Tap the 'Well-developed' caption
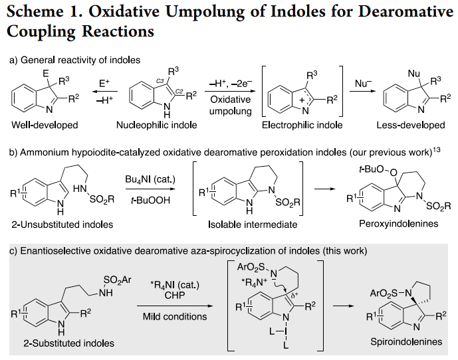pyautogui.click(x=45, y=125)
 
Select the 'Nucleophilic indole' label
pyautogui.click(x=157, y=125)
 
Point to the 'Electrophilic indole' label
pyautogui.click(x=302, y=125)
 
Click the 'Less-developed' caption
pyautogui.click(x=411, y=125)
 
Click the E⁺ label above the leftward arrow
pyautogui.click(x=104, y=84)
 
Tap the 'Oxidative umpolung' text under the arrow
pyautogui.click(x=231, y=106)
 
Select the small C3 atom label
pyautogui.click(x=160, y=81)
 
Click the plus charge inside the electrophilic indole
pyautogui.click(x=302, y=100)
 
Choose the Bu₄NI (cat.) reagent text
pyautogui.click(x=150, y=179)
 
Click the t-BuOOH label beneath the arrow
pyautogui.click(x=150, y=200)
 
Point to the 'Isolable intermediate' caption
pyautogui.click(x=253, y=225)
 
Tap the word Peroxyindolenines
pyautogui.click(x=399, y=224)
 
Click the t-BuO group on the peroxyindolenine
pyautogui.click(x=371, y=169)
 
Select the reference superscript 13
pyautogui.click(x=437, y=150)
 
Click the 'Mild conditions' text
pyautogui.click(x=175, y=317)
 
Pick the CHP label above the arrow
pyautogui.click(x=175, y=295)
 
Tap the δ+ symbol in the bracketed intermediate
pyautogui.click(x=294, y=295)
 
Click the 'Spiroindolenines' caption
pyautogui.click(x=406, y=341)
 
